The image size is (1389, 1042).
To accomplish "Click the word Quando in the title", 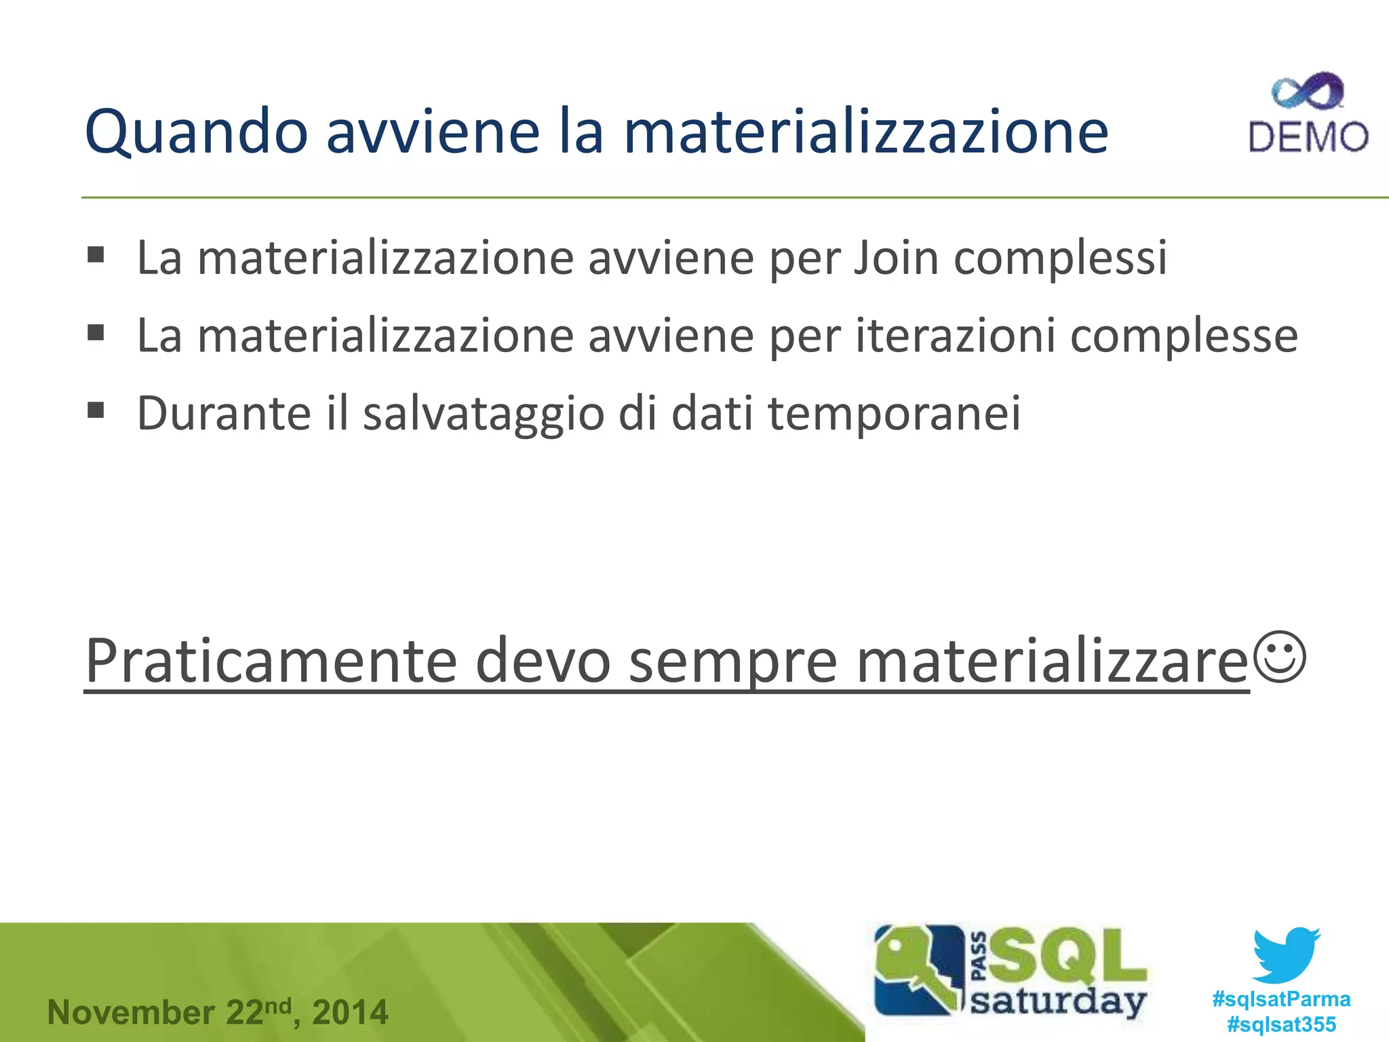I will click(196, 132).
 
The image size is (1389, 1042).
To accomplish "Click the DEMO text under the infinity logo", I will click(1308, 137).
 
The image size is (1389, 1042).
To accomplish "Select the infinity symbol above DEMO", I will click(1308, 92).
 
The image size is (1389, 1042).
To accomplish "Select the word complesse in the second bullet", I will click(1183, 337).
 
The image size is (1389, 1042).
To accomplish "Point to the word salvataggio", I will click(483, 414).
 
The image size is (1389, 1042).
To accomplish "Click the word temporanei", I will click(893, 413).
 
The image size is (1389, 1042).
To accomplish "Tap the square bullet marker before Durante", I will click(96, 410).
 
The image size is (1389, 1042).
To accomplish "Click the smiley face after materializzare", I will click(1279, 657).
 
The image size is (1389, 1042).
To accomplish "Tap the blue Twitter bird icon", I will click(1286, 954).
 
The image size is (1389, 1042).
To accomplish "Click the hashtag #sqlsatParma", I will click(1281, 999).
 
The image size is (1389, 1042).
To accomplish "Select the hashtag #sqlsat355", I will click(1281, 1024).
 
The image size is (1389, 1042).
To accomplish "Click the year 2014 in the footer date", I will click(350, 1012).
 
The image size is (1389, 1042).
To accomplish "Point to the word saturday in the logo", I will click(1057, 1001).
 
